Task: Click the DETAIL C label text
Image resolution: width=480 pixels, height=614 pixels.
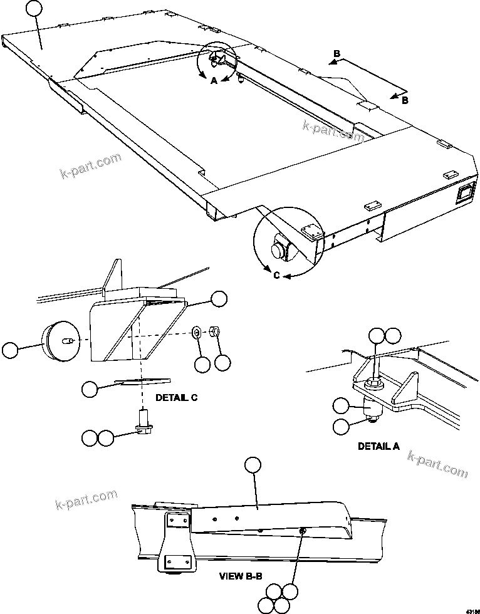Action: pyautogui.click(x=177, y=398)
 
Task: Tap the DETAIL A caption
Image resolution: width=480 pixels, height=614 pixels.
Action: pyautogui.click(x=378, y=447)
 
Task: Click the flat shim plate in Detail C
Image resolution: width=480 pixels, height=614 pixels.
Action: pyautogui.click(x=143, y=381)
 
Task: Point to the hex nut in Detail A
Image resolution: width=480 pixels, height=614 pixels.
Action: pyautogui.click(x=372, y=381)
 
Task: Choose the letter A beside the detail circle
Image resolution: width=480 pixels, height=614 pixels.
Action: pyautogui.click(x=213, y=81)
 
